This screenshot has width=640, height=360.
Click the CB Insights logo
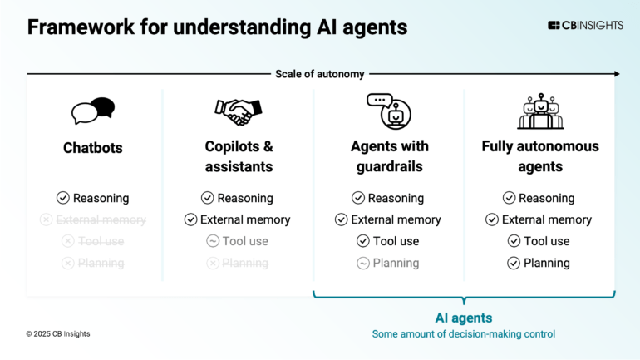pos(585,26)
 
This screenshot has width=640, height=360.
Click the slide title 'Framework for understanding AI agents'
pos(217,27)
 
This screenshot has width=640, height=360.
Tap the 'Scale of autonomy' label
pos(320,74)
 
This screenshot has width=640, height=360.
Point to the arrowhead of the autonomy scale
pos(616,74)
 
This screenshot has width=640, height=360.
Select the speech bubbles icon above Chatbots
pos(93,111)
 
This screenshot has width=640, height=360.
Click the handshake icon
pos(238,110)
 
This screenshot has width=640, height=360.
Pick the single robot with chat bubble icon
pos(389,111)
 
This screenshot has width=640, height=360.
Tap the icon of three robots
pos(539,111)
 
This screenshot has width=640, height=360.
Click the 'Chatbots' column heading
pos(93,148)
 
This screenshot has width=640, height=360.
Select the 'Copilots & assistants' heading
pos(238,156)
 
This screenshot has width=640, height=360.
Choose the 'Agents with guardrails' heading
pos(389,156)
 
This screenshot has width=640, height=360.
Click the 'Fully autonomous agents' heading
pos(539,156)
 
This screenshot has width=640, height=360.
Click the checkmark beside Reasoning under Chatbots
pos(62,198)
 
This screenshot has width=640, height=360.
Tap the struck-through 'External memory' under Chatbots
pos(100,219)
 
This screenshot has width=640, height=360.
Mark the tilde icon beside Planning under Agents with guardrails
pos(363,263)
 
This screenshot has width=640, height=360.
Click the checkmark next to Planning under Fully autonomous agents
pos(514,263)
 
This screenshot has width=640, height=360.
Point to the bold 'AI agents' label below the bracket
pos(464,318)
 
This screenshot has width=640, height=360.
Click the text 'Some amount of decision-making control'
pos(464,334)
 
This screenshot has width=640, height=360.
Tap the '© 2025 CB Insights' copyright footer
pos(58,333)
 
